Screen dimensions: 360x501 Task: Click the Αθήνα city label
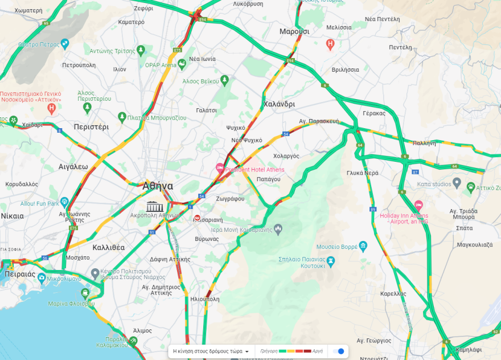(158, 186)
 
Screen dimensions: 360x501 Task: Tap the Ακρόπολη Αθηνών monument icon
(155, 206)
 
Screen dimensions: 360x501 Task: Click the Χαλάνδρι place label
(279, 104)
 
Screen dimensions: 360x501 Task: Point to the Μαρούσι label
(294, 31)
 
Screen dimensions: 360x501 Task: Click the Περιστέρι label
(91, 127)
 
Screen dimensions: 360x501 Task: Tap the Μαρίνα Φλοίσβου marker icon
(85, 294)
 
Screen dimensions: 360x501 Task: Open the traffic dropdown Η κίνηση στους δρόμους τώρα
(211, 351)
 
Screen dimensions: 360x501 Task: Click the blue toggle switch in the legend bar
(338, 351)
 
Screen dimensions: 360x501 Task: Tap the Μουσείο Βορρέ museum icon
(363, 247)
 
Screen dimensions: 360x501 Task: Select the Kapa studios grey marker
(457, 183)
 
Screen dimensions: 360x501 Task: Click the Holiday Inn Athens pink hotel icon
(418, 204)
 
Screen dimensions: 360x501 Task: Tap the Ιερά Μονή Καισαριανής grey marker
(278, 230)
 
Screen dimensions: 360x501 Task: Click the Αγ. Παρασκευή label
(319, 121)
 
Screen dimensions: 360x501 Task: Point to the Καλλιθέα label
(108, 248)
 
